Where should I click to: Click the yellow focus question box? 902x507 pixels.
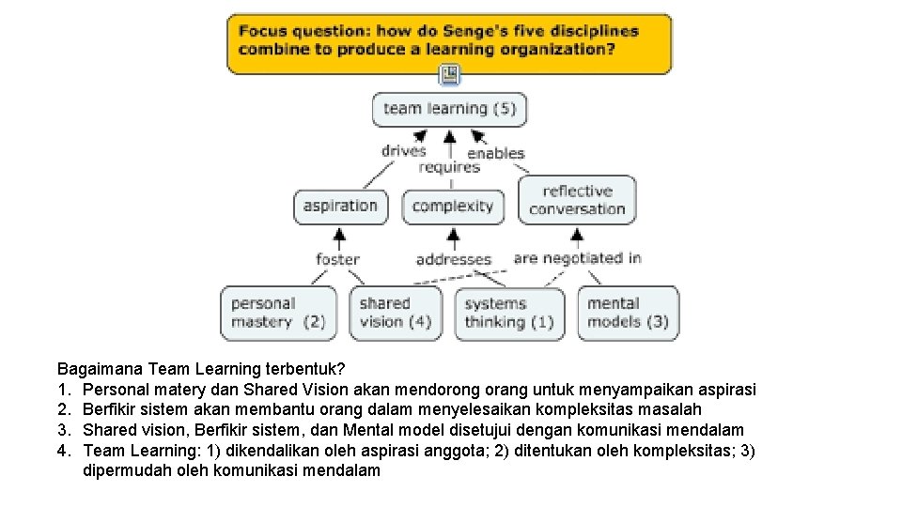pyautogui.click(x=449, y=43)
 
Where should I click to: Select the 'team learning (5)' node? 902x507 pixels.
pyautogui.click(x=449, y=109)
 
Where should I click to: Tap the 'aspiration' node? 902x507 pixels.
pyautogui.click(x=340, y=207)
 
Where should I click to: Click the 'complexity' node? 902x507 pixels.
pyautogui.click(x=453, y=207)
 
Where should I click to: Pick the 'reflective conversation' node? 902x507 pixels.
pyautogui.click(x=577, y=200)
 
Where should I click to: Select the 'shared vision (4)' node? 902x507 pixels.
pyautogui.click(x=396, y=313)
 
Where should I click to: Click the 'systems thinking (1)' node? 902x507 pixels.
pyautogui.click(x=509, y=313)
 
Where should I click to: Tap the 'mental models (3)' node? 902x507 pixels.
pyautogui.click(x=628, y=313)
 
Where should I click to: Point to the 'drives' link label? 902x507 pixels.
pyautogui.click(x=403, y=150)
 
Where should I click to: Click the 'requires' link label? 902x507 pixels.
pyautogui.click(x=449, y=167)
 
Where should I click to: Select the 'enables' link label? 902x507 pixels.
pyautogui.click(x=496, y=152)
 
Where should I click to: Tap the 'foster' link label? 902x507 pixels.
pyautogui.click(x=337, y=259)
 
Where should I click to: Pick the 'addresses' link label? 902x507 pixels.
pyautogui.click(x=454, y=259)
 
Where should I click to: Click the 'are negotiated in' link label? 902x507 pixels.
pyautogui.click(x=578, y=257)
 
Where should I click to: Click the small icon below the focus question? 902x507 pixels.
pyautogui.click(x=450, y=74)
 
